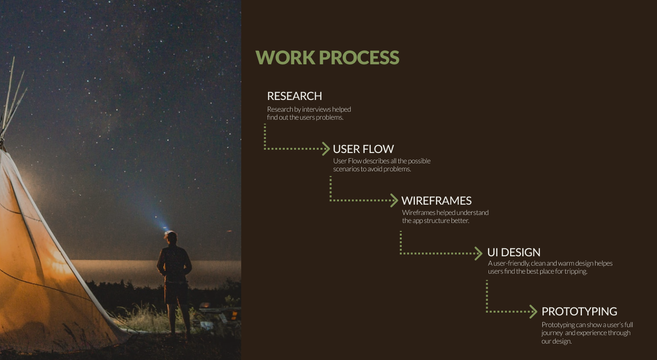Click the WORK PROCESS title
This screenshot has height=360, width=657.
click(328, 57)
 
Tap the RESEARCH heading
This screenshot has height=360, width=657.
click(295, 96)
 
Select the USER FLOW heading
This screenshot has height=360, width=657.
click(363, 149)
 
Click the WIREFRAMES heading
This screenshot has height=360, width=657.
click(436, 201)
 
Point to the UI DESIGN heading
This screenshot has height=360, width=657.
click(513, 253)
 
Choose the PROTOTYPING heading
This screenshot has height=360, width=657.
click(579, 312)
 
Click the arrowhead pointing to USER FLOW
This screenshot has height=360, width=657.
click(326, 149)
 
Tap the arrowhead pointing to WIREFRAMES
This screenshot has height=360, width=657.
click(394, 200)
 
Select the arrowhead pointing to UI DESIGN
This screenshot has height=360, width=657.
click(478, 253)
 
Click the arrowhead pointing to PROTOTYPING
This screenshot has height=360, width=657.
click(533, 312)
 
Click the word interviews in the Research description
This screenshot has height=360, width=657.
click(316, 109)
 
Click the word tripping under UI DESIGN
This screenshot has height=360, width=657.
click(575, 272)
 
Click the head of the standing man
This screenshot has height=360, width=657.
click(171, 237)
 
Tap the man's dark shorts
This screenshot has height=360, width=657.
click(176, 292)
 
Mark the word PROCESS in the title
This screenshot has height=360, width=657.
click(359, 57)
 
